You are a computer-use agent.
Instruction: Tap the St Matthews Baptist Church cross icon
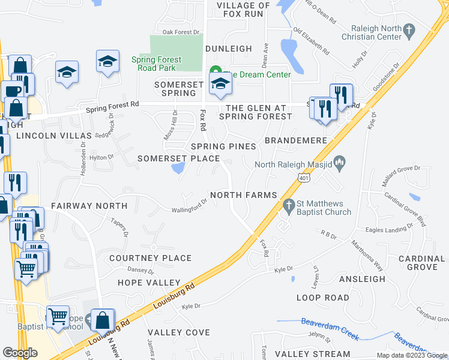click(289, 205)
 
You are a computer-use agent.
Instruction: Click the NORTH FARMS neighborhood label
click(244, 195)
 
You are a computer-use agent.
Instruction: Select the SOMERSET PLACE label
click(174, 158)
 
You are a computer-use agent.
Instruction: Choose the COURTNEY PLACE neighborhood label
click(150, 258)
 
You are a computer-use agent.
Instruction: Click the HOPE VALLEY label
click(149, 283)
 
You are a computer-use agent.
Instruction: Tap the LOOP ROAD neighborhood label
click(322, 298)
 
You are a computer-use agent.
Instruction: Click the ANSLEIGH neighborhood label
click(362, 279)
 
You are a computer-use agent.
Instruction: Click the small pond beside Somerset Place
click(178, 170)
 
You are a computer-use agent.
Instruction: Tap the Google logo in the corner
click(20, 353)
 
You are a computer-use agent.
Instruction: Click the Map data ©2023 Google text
click(411, 355)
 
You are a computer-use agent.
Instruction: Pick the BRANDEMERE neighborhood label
click(300, 140)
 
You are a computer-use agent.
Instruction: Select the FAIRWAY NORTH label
click(89, 206)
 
